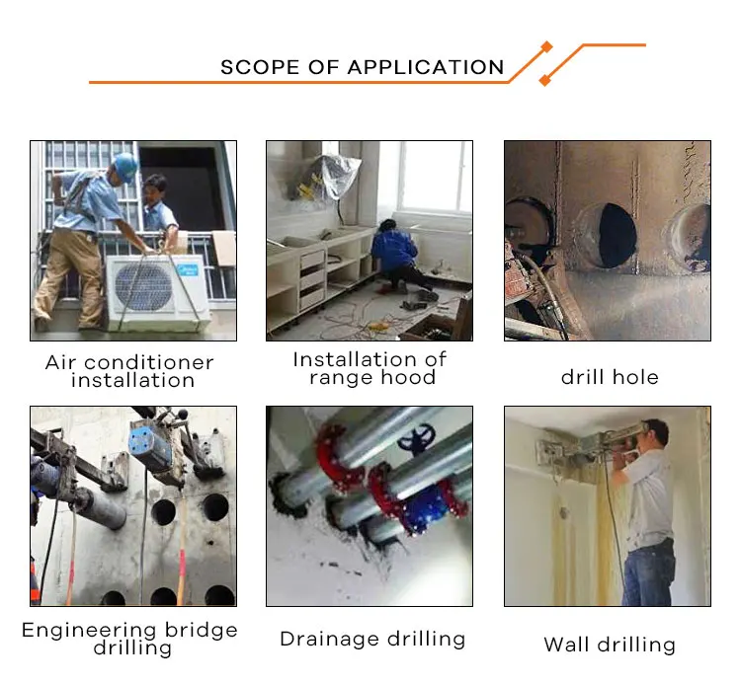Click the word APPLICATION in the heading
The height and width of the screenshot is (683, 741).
point(426,68)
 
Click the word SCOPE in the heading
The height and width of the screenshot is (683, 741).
point(259,68)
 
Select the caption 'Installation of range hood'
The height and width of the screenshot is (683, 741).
point(370,368)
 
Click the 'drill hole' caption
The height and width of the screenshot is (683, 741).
point(610,377)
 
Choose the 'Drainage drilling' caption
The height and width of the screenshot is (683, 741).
point(372,639)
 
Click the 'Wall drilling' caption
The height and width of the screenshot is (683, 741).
point(610,645)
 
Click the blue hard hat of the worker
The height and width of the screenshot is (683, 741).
point(125,163)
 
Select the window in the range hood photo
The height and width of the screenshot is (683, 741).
point(436,178)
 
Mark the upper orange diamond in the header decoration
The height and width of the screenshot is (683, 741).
point(546,47)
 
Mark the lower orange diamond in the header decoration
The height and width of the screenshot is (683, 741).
point(544,80)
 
